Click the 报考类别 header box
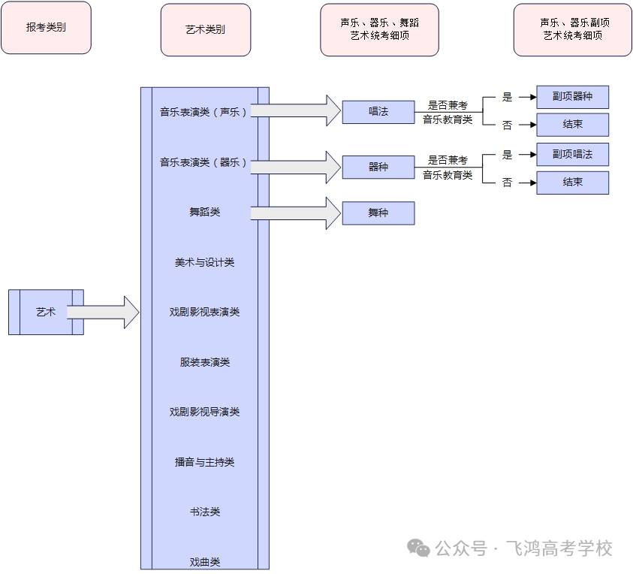(x=46, y=28)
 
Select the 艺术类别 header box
(x=205, y=30)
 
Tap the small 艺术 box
(x=46, y=312)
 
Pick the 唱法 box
(x=378, y=111)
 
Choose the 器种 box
(x=378, y=167)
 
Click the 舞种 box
(x=378, y=213)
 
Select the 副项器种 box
(x=572, y=97)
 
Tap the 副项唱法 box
(x=572, y=154)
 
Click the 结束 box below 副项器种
(x=572, y=125)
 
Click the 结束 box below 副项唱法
(x=572, y=183)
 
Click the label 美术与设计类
(x=204, y=262)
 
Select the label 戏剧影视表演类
(x=204, y=312)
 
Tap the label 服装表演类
(x=204, y=362)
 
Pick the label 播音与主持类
(x=204, y=462)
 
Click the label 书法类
(x=204, y=512)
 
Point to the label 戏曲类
(x=204, y=561)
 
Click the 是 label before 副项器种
(x=507, y=97)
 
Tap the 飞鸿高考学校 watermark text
(x=559, y=548)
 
